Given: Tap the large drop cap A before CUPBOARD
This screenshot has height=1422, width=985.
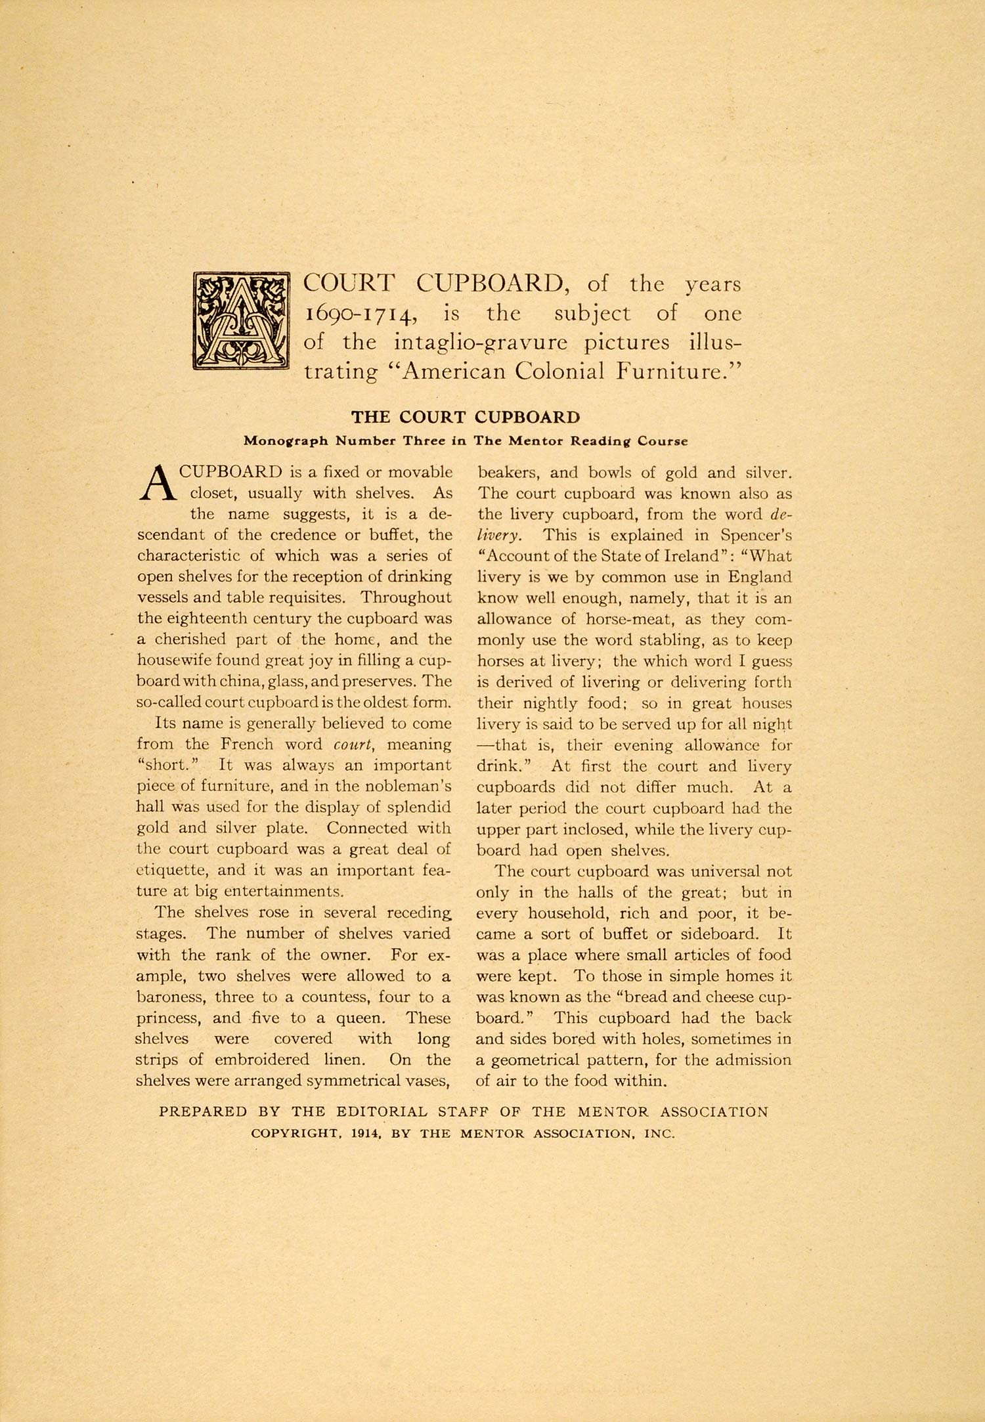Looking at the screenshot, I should coord(157,483).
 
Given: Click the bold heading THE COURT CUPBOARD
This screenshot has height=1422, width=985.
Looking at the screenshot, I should coord(466,418).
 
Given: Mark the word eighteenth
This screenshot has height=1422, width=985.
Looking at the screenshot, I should coord(202,618).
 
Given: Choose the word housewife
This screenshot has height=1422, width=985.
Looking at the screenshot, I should coord(171,660).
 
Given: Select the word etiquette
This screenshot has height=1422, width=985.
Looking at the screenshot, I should coord(174,871).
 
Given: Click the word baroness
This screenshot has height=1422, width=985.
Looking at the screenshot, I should coord(171,997).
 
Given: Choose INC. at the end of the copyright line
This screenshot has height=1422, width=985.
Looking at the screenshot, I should coord(659,1134).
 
